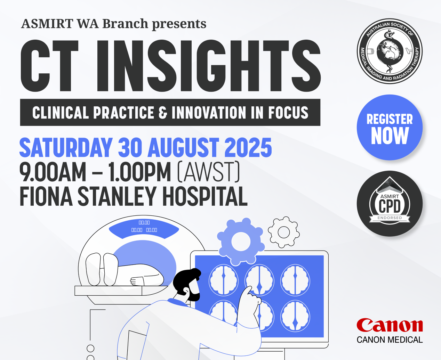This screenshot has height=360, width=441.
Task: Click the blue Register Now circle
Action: pyautogui.click(x=390, y=127)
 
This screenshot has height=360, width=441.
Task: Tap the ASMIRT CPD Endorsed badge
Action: pyautogui.click(x=390, y=204)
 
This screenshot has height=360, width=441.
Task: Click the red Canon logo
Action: pyautogui.click(x=390, y=325)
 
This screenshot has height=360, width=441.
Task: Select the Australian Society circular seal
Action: pyautogui.click(x=390, y=51)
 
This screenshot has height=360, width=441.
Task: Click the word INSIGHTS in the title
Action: pyautogui.click(x=208, y=66)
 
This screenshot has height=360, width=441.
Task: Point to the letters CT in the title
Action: pyautogui.click(x=49, y=66)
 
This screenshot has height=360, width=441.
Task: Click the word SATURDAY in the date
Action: pyautogui.click(x=66, y=148)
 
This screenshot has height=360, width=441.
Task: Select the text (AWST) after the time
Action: pyautogui.click(x=208, y=172)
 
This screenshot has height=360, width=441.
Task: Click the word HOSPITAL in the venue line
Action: pyautogui.click(x=205, y=196)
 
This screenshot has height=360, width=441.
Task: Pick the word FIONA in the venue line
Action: pyautogui.click(x=46, y=196)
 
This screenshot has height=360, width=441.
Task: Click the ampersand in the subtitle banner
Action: pyautogui.click(x=163, y=113)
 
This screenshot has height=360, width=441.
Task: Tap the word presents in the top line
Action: pyautogui.click(x=179, y=24)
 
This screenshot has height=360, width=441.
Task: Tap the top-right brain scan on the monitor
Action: pyautogui.click(x=295, y=280)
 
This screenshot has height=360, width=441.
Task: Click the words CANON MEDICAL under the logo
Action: pyautogui.click(x=390, y=340)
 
